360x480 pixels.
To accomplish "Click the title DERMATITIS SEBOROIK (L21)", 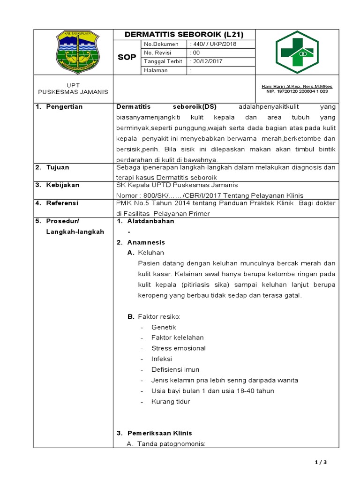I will (184, 35).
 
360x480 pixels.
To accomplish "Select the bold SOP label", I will (127, 57).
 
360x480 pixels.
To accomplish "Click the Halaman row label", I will (156, 70).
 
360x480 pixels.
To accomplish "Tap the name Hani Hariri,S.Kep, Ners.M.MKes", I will (297, 87).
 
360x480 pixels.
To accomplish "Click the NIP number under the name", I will (297, 92).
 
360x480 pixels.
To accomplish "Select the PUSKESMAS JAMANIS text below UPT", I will (73, 92).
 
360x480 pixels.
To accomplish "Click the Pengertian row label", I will (64, 107).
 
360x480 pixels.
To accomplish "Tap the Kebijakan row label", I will (62, 185).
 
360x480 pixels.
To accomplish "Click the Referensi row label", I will (62, 203).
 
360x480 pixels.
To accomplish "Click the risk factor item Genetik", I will (164, 327).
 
